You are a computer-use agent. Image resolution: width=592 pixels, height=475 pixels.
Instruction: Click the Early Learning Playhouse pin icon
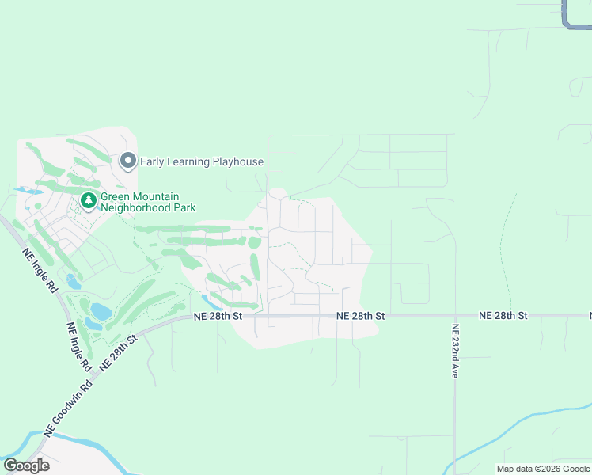[127, 161]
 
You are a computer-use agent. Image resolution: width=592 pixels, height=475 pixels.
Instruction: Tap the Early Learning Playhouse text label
[201, 162]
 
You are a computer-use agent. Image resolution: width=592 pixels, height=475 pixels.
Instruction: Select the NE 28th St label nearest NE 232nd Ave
[503, 315]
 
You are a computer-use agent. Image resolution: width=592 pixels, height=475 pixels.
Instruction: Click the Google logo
[26, 465]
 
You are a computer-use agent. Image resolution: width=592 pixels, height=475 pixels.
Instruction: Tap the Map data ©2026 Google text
[543, 469]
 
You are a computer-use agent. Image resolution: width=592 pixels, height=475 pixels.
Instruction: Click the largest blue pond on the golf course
[100, 311]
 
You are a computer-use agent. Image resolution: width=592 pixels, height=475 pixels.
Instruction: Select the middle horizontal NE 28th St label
[360, 315]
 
